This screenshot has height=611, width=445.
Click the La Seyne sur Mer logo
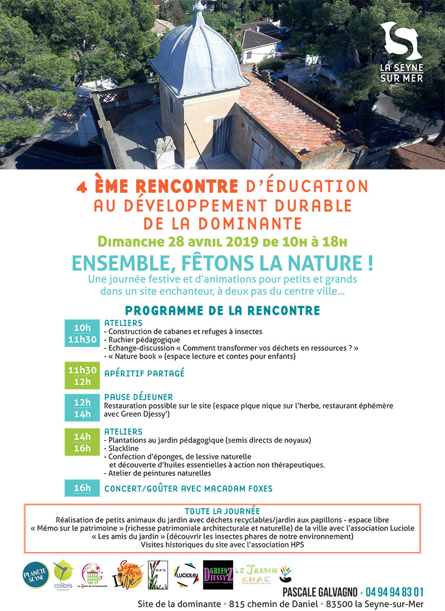(401, 51)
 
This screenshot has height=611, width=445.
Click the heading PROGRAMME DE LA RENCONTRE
(222, 310)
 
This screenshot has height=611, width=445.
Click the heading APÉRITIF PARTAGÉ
(144, 374)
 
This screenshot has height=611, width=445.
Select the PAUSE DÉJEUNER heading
(139, 397)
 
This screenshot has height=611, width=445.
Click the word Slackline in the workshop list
(121, 448)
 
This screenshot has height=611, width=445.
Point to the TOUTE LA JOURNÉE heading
(222, 511)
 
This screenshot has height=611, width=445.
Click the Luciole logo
(185, 575)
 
